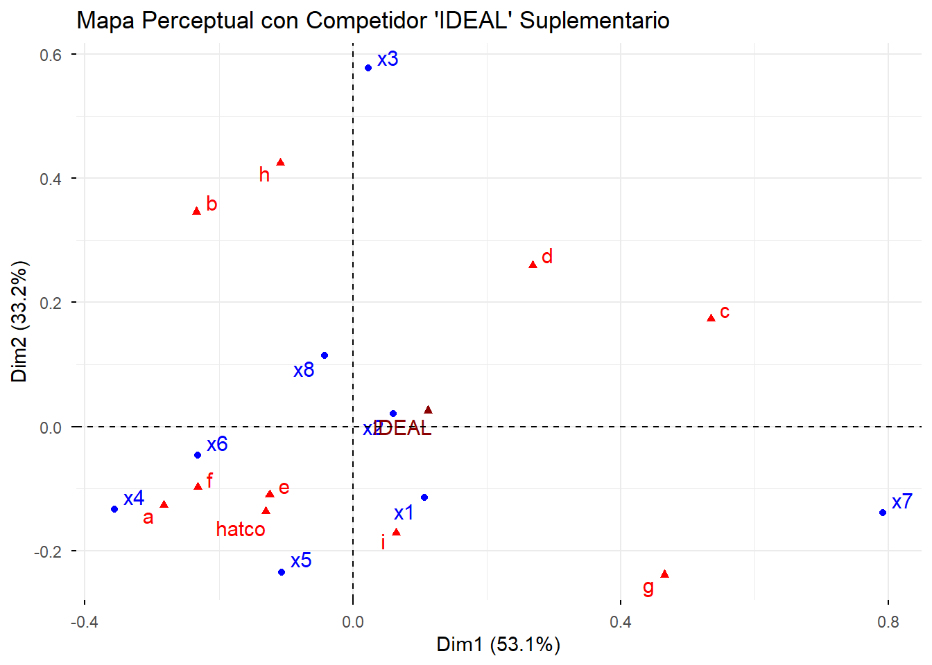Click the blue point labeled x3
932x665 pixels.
[x=368, y=68]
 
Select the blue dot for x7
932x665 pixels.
[x=882, y=513]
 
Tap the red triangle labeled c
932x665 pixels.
[x=711, y=318]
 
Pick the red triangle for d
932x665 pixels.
[x=533, y=265]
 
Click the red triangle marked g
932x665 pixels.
[x=664, y=574]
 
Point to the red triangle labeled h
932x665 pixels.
[x=280, y=162]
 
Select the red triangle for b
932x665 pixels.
[x=196, y=211]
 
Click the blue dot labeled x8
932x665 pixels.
[x=325, y=355]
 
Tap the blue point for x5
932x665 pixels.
[x=282, y=572]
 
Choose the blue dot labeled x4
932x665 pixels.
[x=114, y=509]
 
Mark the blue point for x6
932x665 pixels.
[x=198, y=455]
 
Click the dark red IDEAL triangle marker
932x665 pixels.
[x=428, y=410]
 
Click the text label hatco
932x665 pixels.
[x=241, y=530]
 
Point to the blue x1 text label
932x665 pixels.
[x=404, y=513]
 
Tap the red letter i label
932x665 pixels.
[x=383, y=542]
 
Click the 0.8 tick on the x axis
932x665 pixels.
[x=888, y=622]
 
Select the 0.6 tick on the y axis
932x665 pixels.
[x=51, y=55]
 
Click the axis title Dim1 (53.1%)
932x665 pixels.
[x=498, y=645]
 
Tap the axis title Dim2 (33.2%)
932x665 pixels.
[x=19, y=321]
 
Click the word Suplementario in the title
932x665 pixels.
[x=594, y=21]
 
